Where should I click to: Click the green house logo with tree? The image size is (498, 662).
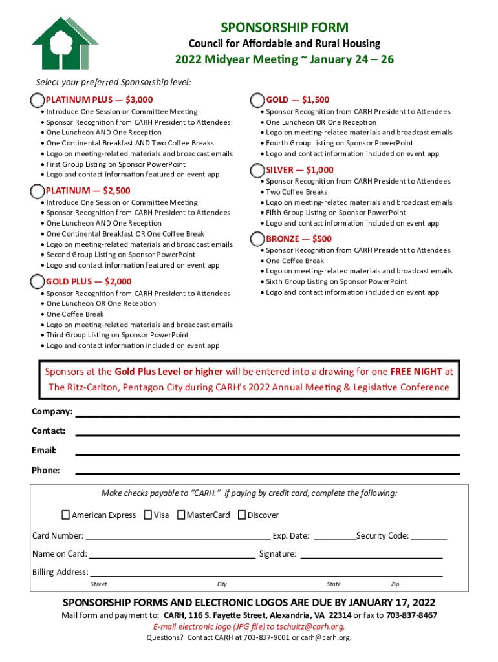tap(60, 43)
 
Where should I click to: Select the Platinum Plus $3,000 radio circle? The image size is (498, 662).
tap(38, 100)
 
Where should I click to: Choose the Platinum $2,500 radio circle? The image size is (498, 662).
tap(38, 191)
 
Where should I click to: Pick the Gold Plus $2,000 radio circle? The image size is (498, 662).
tap(38, 281)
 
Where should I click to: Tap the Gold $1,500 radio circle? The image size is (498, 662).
tap(257, 100)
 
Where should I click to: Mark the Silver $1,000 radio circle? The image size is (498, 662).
tap(257, 170)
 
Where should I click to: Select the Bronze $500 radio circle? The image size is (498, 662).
tap(257, 239)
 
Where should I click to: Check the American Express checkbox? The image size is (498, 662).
tap(65, 515)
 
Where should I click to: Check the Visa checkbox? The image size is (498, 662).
tap(148, 515)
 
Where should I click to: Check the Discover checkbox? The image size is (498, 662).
tap(242, 515)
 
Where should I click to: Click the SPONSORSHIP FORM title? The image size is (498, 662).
tap(285, 27)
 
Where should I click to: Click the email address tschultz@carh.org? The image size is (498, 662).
tap(310, 626)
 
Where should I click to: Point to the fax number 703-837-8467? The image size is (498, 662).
tap(411, 615)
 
